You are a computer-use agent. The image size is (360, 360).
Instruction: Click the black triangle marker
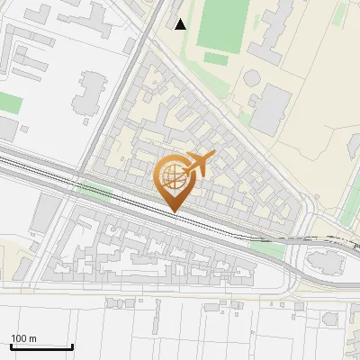[181, 24]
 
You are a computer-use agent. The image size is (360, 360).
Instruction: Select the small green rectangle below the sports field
[215, 58]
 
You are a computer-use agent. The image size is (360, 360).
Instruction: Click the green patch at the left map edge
[9, 102]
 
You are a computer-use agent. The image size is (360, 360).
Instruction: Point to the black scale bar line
[41, 346]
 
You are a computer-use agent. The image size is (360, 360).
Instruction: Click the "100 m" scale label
[23, 338]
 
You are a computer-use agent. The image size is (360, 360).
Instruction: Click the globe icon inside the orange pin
[172, 175]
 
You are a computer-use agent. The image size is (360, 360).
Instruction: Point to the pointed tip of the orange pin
[174, 211]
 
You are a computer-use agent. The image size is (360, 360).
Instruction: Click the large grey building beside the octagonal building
[271, 108]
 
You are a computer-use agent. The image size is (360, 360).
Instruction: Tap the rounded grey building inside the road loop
[326, 262]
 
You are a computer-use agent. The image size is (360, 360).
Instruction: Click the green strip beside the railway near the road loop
[268, 241]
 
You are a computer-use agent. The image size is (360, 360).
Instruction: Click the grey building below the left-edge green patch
[7, 130]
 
